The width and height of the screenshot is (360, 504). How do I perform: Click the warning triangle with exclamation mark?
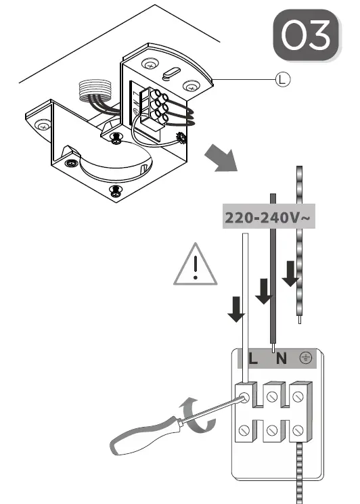[195, 265]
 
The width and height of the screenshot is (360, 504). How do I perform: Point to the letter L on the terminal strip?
[253, 359]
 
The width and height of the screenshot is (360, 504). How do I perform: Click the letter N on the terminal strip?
[280, 359]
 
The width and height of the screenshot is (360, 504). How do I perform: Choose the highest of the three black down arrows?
[290, 273]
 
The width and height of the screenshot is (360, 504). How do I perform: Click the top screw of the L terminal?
[245, 394]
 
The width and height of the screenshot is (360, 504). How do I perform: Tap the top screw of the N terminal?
[272, 394]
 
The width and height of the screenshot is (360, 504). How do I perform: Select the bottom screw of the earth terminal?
[299, 429]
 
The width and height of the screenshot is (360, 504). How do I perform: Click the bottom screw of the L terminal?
[245, 429]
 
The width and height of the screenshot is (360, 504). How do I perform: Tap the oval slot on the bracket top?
[169, 72]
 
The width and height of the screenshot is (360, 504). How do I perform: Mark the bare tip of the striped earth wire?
[299, 323]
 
